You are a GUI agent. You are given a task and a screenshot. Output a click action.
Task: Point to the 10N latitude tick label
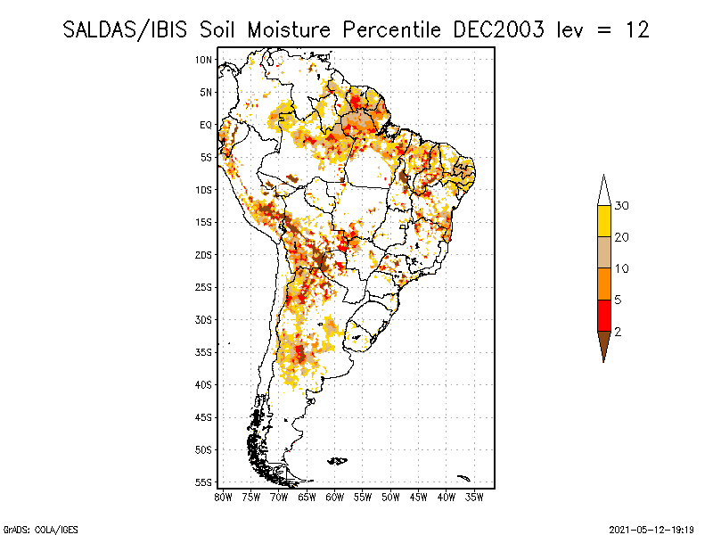[204, 60]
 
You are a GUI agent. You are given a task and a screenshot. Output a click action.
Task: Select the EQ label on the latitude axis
[206, 125]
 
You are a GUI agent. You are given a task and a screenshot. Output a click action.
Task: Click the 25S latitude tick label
[204, 287]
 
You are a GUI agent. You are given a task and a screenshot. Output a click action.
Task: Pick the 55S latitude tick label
[204, 482]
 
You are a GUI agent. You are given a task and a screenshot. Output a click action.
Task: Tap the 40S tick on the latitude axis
[204, 384]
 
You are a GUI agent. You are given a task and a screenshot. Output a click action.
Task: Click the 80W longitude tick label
[223, 497]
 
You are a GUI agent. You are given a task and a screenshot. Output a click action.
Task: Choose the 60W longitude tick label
[335, 497]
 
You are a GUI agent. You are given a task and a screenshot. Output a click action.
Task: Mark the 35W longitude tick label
[475, 497]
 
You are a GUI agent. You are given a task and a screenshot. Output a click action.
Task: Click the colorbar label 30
[622, 206]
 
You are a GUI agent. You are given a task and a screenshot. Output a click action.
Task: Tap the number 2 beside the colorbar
[617, 332]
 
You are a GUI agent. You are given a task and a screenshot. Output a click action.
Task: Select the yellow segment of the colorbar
[604, 221]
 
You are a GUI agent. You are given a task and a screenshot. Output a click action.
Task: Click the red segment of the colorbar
[604, 315]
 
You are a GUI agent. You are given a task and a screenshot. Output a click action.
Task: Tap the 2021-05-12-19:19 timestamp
[652, 528]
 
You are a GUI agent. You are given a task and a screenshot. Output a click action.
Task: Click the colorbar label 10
[622, 268]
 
